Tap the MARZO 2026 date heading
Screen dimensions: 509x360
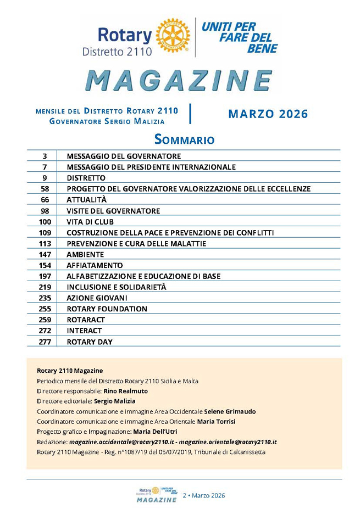click(x=268, y=114)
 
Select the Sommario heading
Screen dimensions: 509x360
click(x=184, y=139)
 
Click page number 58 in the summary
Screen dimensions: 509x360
click(x=45, y=189)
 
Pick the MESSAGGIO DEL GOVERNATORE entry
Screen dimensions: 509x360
click(x=124, y=156)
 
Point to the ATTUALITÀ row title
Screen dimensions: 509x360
click(x=86, y=200)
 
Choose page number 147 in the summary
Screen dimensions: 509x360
click(x=45, y=254)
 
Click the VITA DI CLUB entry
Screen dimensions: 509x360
click(x=90, y=222)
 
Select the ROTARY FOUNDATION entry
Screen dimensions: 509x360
click(x=107, y=309)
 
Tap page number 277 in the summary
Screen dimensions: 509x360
click(x=45, y=342)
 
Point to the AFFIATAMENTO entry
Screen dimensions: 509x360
click(x=95, y=265)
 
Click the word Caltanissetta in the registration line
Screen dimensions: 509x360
click(x=242, y=452)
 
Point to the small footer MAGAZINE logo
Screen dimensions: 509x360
click(x=157, y=500)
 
